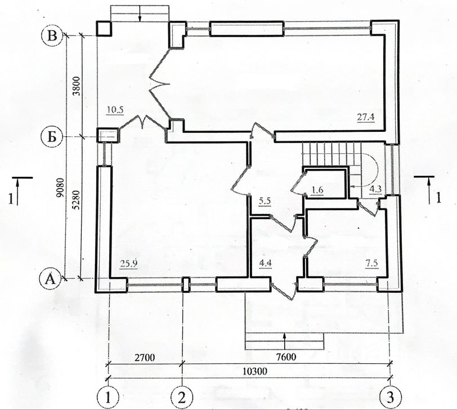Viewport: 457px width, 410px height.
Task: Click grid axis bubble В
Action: pyautogui.click(x=52, y=36)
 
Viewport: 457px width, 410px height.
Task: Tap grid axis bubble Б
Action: pyautogui.click(x=52, y=137)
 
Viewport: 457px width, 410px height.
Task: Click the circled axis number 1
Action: pyautogui.click(x=108, y=398)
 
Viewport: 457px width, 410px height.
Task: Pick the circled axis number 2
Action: pyautogui.click(x=182, y=398)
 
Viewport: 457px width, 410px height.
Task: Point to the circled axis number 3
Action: pyautogui.click(x=390, y=397)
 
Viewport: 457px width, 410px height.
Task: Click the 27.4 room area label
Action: pyautogui.click(x=366, y=117)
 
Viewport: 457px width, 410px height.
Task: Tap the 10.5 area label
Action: pyautogui.click(x=115, y=110)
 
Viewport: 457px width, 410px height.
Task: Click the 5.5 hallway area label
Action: pyautogui.click(x=265, y=200)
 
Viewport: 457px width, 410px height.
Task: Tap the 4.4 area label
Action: pyautogui.click(x=265, y=263)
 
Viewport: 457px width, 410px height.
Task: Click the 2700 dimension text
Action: pyautogui.click(x=145, y=357)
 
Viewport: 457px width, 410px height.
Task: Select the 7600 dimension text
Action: pyautogui.click(x=286, y=356)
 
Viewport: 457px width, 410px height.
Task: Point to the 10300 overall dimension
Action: pyautogui.click(x=255, y=371)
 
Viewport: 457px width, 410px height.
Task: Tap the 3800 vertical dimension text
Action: pyautogui.click(x=77, y=86)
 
